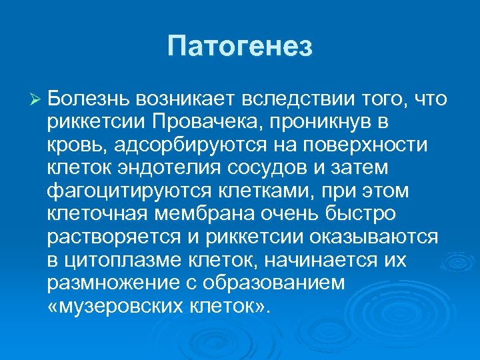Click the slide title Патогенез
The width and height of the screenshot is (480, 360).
click(240, 47)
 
